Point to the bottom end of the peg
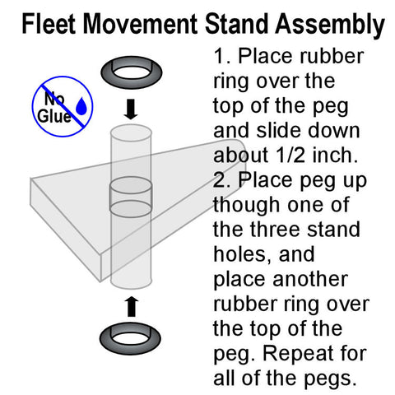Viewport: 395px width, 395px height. tap(132, 284)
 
